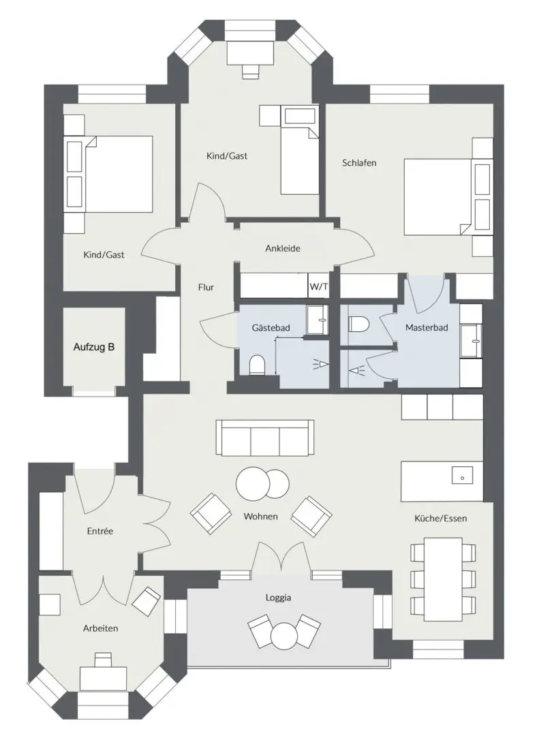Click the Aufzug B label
[x=93, y=347]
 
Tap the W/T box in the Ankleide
[x=318, y=287]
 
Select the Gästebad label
[x=271, y=328]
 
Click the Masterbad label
[x=427, y=328]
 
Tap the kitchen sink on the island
[x=461, y=477]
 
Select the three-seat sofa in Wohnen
[x=264, y=438]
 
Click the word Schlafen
[x=359, y=163]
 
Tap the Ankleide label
[x=282, y=249]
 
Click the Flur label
[x=206, y=288]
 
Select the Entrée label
[x=99, y=531]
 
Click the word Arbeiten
[x=99, y=628]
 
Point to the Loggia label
[x=278, y=598]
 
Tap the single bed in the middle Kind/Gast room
[x=300, y=159]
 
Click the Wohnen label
[x=260, y=517]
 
